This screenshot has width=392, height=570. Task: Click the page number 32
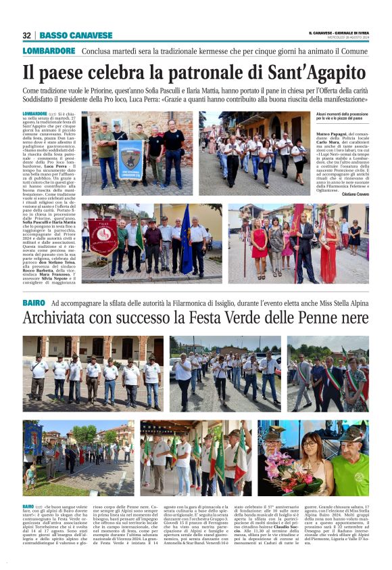(26, 35)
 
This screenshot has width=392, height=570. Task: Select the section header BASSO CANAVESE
(76, 35)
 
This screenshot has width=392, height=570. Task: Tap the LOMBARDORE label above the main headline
(49, 51)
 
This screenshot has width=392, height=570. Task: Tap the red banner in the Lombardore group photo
(103, 238)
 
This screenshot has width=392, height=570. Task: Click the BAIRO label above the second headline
(33, 303)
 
